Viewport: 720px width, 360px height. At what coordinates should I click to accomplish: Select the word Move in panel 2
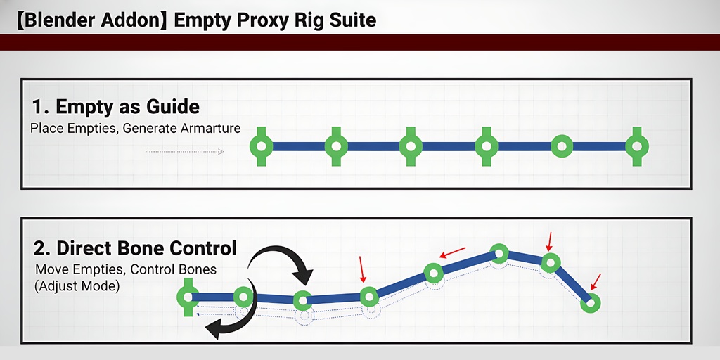point(50,269)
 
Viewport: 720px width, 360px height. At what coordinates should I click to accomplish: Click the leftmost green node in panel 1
point(262,146)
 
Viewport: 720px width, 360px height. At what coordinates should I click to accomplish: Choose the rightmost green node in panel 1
point(637,146)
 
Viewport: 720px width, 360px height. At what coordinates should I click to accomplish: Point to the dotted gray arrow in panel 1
point(185,151)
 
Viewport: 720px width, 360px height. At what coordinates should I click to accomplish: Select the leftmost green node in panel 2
point(187,297)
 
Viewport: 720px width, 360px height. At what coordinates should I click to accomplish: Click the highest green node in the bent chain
point(499,252)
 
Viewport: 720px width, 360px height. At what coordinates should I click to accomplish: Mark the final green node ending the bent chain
point(591,303)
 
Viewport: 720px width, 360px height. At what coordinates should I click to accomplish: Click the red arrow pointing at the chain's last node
point(597,281)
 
